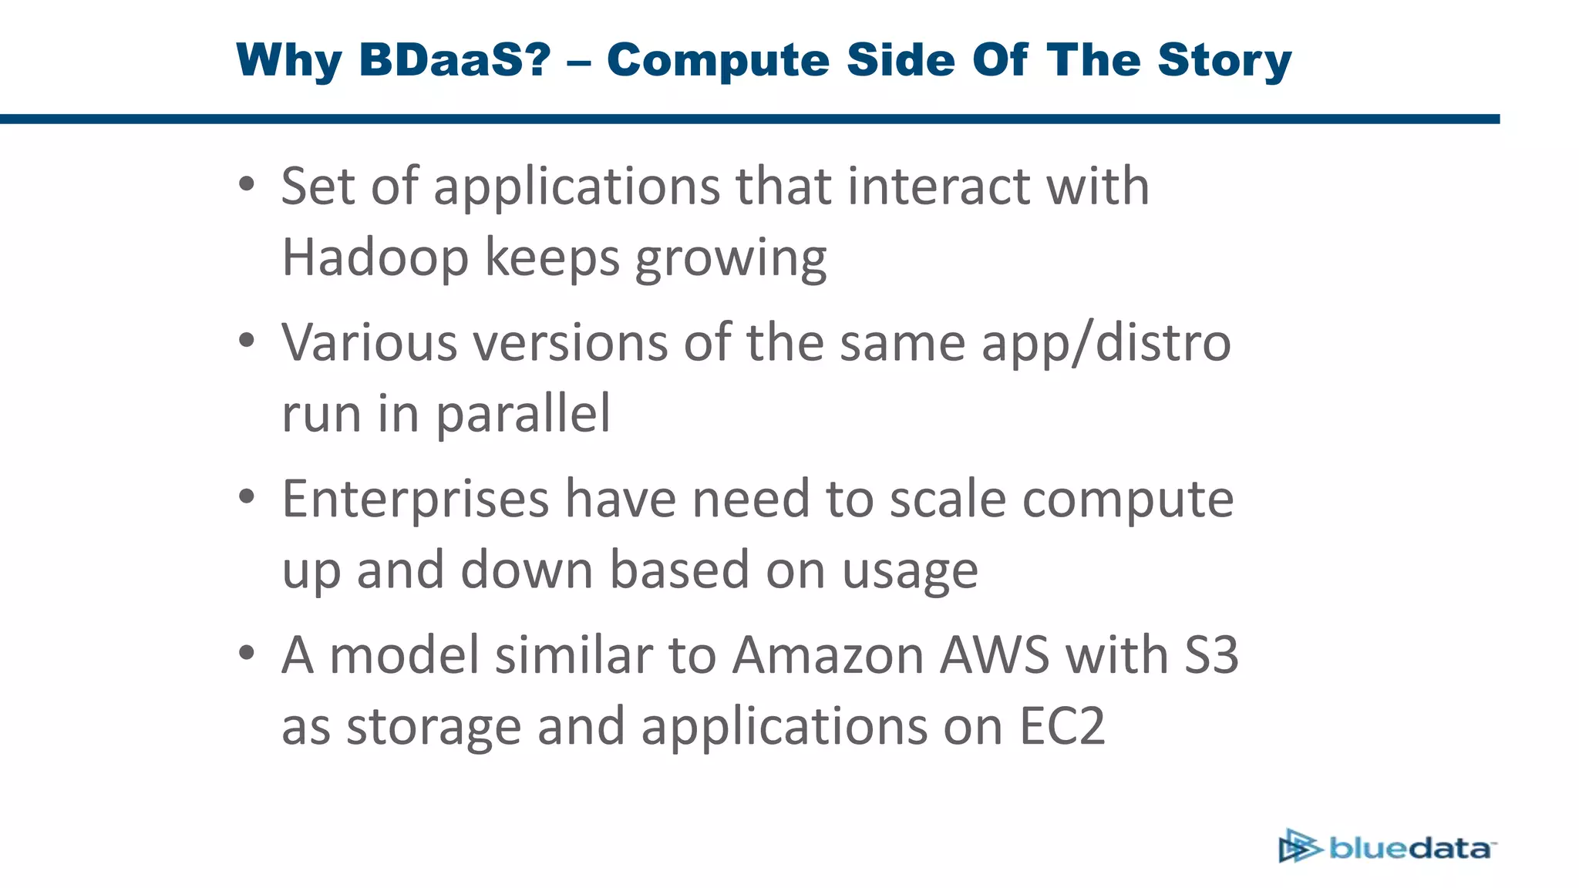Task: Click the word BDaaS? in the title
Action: pyautogui.click(x=455, y=60)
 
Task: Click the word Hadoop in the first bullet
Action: pyautogui.click(x=375, y=258)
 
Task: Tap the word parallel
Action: pyautogui.click(x=523, y=414)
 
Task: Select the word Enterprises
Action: pyautogui.click(x=415, y=499)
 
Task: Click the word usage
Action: pyautogui.click(x=910, y=571)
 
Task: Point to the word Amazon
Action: pyautogui.click(x=827, y=655)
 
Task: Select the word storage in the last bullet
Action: pyautogui.click(x=433, y=728)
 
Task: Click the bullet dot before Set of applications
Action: pyautogui.click(x=246, y=184)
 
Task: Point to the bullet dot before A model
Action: pyautogui.click(x=246, y=653)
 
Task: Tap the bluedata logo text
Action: pyautogui.click(x=1411, y=848)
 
